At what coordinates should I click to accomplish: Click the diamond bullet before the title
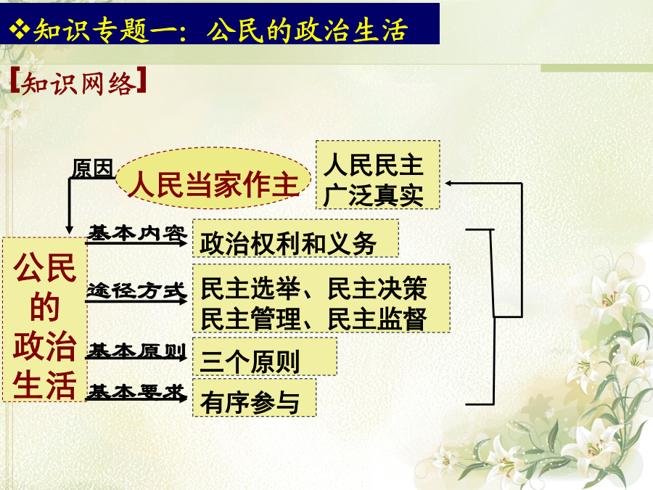(19, 29)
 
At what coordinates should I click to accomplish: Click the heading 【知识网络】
(78, 83)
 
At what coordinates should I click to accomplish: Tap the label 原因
(93, 168)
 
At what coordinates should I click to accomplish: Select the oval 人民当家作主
(213, 178)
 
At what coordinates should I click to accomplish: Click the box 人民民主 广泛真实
(378, 175)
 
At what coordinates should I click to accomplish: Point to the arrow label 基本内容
(137, 233)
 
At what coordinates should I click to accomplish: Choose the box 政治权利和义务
(295, 238)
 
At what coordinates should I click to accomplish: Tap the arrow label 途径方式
(136, 290)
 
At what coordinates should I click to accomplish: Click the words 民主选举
(250, 288)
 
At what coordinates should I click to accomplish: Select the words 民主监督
(377, 319)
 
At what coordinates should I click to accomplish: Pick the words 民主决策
(377, 288)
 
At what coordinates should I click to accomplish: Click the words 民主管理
(250, 319)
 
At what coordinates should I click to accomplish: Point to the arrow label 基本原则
(137, 351)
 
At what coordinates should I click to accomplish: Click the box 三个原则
(264, 356)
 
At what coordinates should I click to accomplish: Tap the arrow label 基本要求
(137, 392)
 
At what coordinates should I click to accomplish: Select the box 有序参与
(254, 398)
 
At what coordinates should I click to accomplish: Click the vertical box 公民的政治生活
(44, 320)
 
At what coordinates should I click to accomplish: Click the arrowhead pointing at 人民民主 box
(449, 183)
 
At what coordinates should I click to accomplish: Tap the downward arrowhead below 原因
(70, 229)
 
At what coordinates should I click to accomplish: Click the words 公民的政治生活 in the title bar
(307, 30)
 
